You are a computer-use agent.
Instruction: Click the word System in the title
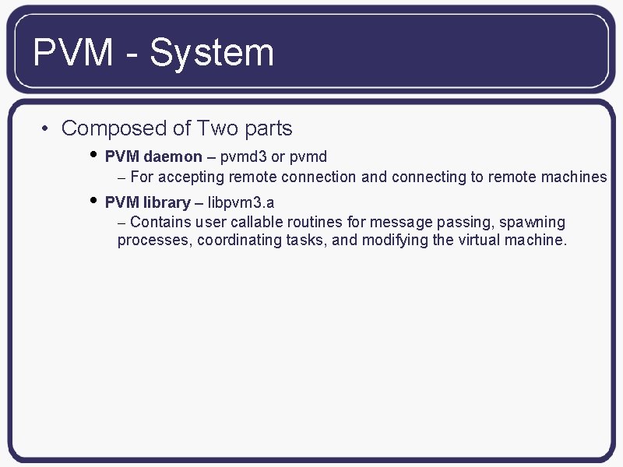(x=212, y=53)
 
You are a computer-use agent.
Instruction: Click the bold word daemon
(x=173, y=156)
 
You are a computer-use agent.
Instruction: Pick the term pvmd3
(x=243, y=156)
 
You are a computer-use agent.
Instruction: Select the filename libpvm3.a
(x=241, y=203)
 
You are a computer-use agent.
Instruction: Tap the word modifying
(x=395, y=241)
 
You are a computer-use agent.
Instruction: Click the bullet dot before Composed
(x=47, y=129)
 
